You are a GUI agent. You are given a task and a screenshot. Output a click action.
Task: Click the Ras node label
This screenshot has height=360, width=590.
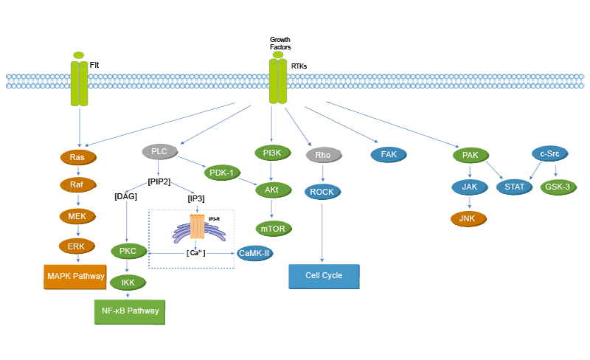(x=77, y=157)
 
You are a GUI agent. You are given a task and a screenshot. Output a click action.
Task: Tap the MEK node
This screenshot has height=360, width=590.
(x=77, y=216)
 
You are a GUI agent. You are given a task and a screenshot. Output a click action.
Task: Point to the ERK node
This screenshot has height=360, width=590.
(x=77, y=246)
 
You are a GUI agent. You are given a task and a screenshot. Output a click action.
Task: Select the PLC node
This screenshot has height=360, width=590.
(x=159, y=151)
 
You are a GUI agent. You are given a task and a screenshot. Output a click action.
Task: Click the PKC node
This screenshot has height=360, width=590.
(x=128, y=252)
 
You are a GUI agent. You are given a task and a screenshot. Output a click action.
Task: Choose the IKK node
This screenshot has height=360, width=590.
(x=128, y=282)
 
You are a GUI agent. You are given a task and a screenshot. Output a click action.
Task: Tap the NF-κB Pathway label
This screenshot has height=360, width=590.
(x=131, y=311)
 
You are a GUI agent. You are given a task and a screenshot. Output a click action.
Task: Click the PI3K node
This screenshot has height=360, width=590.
(x=272, y=153)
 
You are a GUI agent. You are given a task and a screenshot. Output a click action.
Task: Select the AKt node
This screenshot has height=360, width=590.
(x=272, y=190)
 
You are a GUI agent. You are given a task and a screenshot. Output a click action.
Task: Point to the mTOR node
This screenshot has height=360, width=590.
(x=272, y=229)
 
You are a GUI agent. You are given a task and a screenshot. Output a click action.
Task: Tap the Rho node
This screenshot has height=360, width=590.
(x=323, y=156)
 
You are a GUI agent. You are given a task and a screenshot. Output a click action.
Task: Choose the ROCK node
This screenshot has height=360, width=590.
(x=322, y=192)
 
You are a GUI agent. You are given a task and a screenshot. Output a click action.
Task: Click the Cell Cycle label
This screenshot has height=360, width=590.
(x=324, y=275)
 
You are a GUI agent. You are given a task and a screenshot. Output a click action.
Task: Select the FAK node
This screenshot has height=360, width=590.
(x=389, y=154)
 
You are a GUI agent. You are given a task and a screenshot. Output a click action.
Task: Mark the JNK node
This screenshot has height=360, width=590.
(x=467, y=218)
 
